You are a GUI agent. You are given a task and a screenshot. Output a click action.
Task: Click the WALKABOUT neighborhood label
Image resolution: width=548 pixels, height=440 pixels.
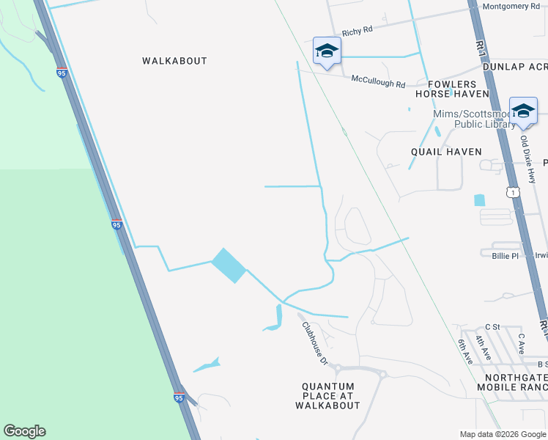(174, 61)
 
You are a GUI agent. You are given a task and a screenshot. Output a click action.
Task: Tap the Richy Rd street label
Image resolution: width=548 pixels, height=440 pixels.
(358, 30)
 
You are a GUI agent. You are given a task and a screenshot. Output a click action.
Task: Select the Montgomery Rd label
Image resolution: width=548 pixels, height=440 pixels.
(511, 7)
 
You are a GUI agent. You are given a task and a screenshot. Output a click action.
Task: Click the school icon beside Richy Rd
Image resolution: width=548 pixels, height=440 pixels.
(327, 51)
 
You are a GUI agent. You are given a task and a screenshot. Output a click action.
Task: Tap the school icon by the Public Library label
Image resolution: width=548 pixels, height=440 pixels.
(523, 111)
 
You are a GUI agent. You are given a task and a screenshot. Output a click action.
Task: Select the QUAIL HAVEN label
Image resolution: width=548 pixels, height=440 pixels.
(446, 152)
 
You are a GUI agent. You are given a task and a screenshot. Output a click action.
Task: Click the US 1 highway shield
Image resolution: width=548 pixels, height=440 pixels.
(514, 192)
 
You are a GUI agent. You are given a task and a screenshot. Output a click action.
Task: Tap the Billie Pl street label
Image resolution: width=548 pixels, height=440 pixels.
(505, 256)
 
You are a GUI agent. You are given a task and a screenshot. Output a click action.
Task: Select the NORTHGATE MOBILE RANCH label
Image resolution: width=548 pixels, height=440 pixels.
(511, 381)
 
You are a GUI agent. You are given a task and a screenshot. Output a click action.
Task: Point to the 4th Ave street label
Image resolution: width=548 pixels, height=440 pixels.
(481, 345)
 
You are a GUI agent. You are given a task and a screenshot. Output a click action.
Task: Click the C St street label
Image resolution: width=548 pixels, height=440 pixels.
(492, 326)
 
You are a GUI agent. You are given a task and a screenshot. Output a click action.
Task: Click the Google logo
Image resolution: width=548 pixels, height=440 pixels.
(24, 431)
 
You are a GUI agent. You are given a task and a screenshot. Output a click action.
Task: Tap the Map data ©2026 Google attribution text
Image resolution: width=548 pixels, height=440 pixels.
(503, 434)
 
